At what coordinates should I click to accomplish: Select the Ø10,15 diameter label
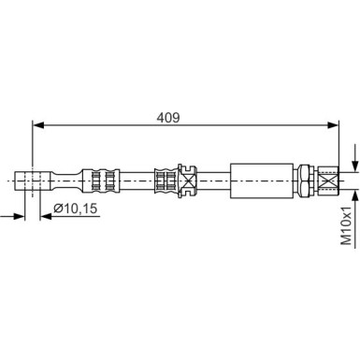74,208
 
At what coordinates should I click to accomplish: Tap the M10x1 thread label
346,225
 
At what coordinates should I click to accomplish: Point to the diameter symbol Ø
58,208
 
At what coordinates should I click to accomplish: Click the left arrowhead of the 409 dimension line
38,123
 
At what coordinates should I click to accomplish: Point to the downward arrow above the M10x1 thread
354,159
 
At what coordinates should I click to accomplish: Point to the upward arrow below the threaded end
354,193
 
